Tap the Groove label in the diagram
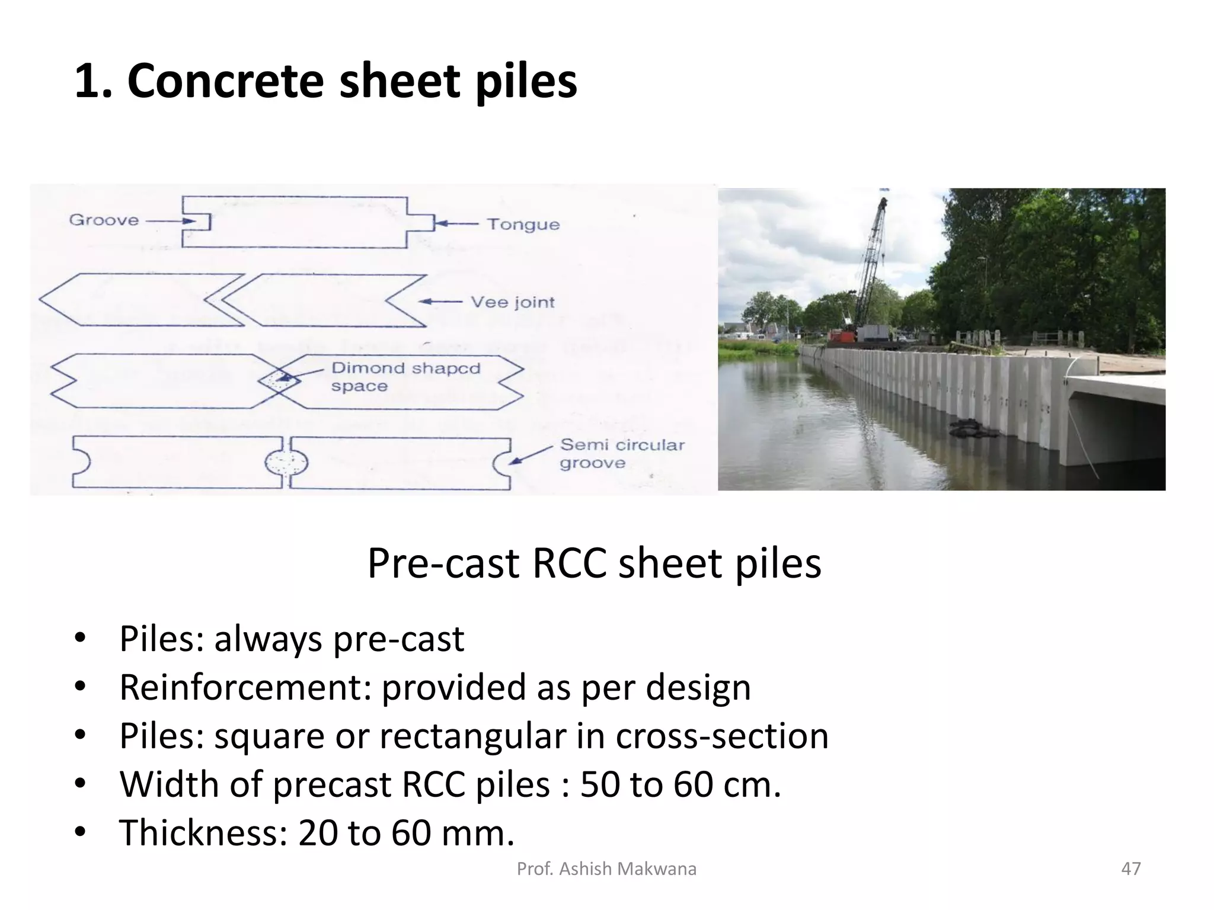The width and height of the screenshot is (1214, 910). [104, 220]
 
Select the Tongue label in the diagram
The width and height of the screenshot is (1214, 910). [523, 225]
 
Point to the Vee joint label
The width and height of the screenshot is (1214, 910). [512, 302]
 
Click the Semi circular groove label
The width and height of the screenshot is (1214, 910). [622, 453]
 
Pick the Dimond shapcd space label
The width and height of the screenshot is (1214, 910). [405, 377]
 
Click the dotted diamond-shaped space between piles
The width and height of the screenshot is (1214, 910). [278, 380]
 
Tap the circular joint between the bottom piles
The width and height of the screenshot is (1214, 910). [286, 463]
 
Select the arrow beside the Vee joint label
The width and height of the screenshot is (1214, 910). [440, 302]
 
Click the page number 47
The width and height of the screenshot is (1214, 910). [1131, 869]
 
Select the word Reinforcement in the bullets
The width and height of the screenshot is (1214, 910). [245, 687]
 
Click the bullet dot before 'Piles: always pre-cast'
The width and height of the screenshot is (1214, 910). [80, 639]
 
